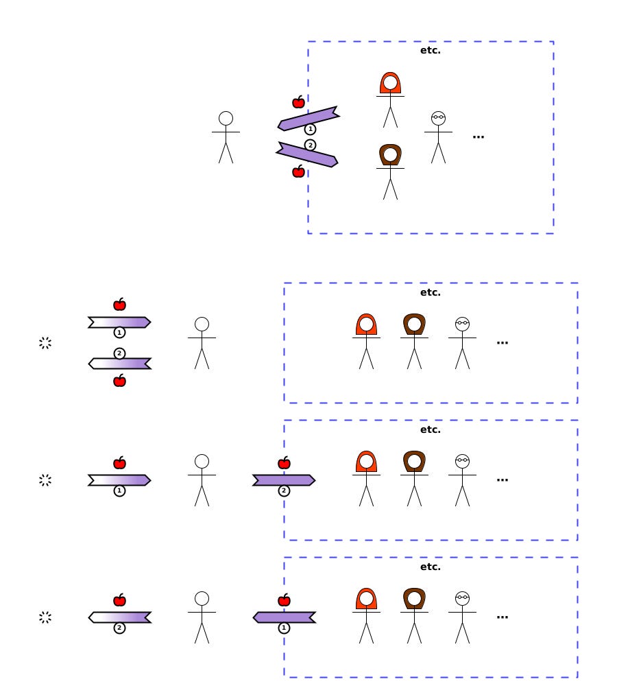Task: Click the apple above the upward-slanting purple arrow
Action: (x=298, y=102)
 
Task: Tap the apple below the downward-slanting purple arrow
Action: (x=298, y=171)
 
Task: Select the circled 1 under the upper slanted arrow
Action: (x=310, y=129)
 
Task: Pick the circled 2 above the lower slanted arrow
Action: (x=310, y=145)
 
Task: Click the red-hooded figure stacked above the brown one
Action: (x=390, y=99)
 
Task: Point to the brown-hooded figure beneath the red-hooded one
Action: (x=390, y=171)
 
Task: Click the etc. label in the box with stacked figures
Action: (x=431, y=51)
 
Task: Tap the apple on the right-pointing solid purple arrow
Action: (x=284, y=463)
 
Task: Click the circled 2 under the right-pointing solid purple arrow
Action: (x=284, y=491)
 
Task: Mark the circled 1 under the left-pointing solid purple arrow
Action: (x=284, y=628)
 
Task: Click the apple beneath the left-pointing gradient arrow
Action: (x=119, y=381)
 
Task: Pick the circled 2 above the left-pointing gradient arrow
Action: (x=119, y=353)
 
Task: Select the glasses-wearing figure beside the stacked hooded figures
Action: (x=438, y=137)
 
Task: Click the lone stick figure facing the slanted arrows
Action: (x=226, y=137)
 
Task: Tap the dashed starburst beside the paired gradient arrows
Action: (x=45, y=343)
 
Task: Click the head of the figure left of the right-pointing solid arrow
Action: (x=202, y=461)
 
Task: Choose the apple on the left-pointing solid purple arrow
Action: (x=284, y=600)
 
